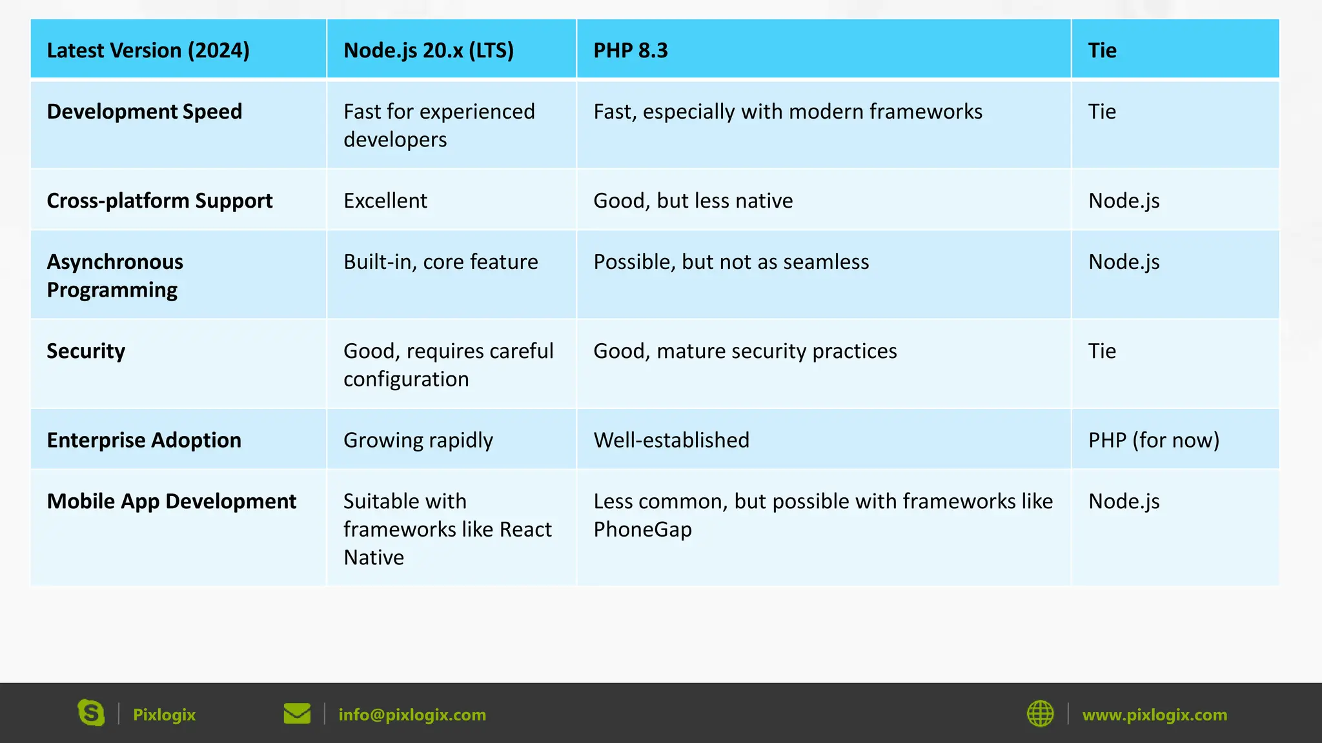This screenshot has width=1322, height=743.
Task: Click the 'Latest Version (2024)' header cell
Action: [148, 50]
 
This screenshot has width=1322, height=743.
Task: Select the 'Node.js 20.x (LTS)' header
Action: [429, 50]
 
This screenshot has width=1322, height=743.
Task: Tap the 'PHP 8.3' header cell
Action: [631, 50]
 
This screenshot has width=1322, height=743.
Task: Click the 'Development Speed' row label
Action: [145, 112]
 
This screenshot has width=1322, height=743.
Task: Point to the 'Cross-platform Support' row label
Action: [159, 201]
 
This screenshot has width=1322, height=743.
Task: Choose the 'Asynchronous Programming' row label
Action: [115, 276]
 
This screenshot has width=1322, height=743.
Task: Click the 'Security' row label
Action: [86, 351]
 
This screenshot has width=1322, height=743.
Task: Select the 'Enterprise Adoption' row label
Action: [144, 440]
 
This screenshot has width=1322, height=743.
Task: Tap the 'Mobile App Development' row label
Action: [172, 501]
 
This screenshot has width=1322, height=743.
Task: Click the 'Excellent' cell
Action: [385, 201]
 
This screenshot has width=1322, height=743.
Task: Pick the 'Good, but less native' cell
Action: [693, 201]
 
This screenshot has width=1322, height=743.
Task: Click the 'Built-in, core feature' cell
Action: [441, 262]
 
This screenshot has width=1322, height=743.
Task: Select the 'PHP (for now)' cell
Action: [1154, 440]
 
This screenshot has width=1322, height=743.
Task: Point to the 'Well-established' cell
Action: [671, 440]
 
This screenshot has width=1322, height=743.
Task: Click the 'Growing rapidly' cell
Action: [418, 440]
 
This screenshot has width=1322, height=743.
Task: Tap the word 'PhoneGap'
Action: [643, 530]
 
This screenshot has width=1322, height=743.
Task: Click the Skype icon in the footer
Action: [91, 713]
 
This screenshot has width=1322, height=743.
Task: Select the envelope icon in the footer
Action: [297, 713]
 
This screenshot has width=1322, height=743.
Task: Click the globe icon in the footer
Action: [1040, 713]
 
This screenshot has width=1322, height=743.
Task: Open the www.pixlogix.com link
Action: [1155, 715]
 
